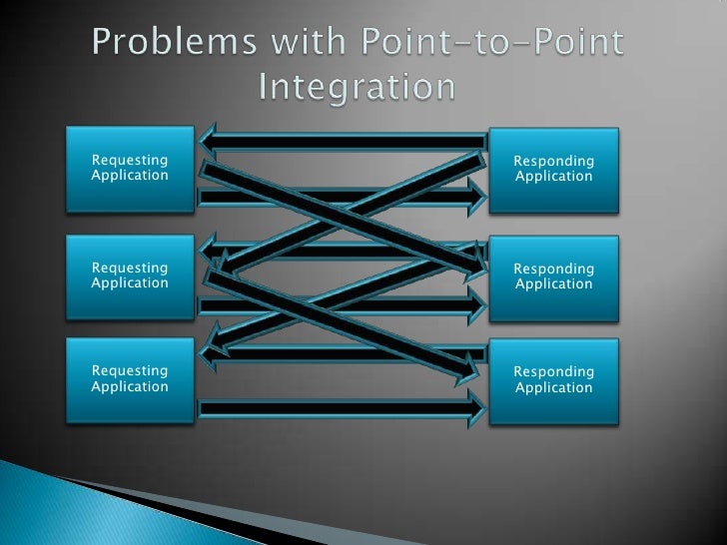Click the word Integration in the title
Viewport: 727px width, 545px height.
[358, 88]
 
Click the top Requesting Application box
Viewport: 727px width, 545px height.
[130, 169]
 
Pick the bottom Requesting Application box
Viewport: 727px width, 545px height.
[130, 379]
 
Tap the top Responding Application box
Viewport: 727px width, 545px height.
[553, 170]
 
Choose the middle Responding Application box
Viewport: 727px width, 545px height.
[553, 276]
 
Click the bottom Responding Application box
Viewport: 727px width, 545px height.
[553, 380]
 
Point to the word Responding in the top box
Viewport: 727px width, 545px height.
[553, 162]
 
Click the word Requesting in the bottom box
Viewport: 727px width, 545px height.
[130, 371]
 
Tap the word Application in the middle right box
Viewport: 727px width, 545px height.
[553, 284]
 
